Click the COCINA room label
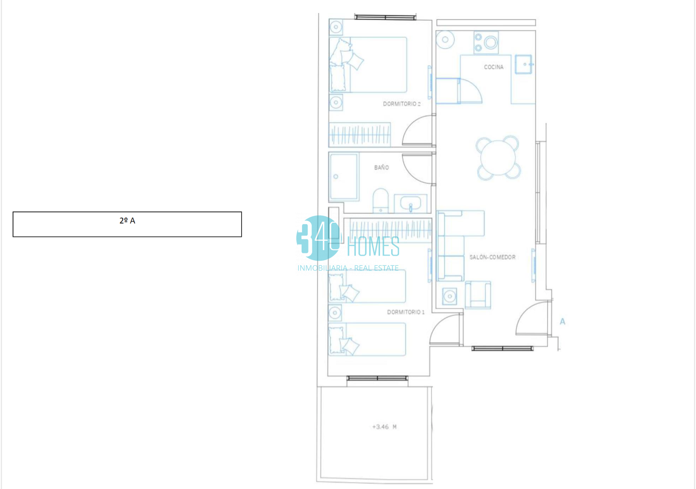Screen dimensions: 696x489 [493, 67]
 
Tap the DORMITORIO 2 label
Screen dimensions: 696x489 [401, 104]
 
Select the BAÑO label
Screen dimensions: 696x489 [381, 167]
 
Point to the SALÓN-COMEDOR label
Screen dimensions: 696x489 [492, 257]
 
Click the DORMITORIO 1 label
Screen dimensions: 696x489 [406, 312]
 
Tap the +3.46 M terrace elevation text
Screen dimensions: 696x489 [384, 427]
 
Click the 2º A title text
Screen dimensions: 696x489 [127, 220]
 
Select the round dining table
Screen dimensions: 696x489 [498, 158]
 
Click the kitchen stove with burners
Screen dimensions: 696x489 [486, 43]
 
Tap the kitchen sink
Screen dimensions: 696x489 [523, 64]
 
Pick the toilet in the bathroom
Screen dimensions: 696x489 [380, 200]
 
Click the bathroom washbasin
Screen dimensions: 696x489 [411, 204]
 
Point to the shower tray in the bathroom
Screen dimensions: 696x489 [344, 176]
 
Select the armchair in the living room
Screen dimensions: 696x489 [478, 295]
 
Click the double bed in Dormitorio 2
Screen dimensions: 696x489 [368, 64]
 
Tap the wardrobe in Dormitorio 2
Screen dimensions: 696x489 [360, 135]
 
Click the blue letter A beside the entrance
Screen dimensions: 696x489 [562, 322]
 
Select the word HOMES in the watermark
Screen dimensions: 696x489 [373, 246]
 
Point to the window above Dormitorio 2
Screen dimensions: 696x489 [385, 17]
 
